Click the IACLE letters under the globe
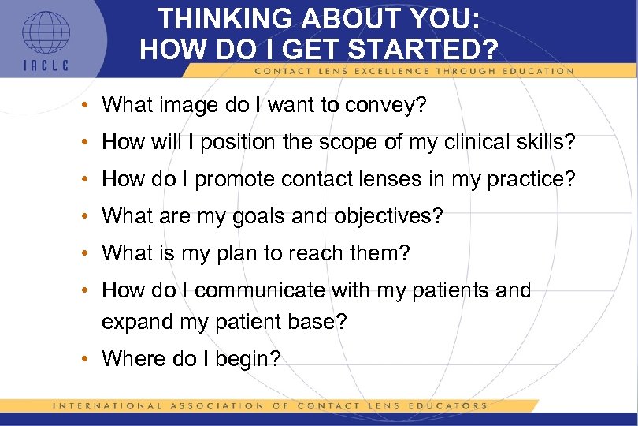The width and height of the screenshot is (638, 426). (46, 65)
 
